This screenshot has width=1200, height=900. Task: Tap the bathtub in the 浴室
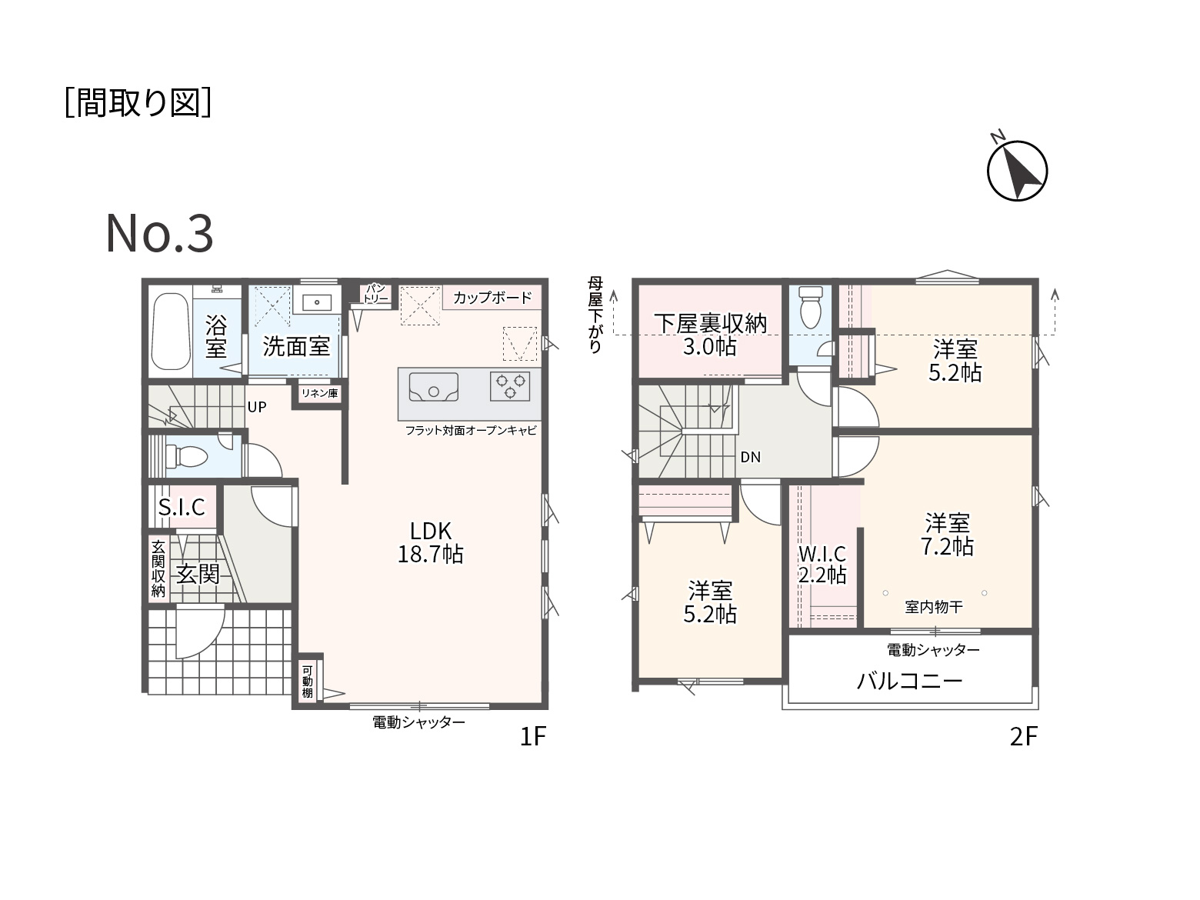pos(171,331)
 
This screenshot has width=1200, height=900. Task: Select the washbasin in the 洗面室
pos(316,302)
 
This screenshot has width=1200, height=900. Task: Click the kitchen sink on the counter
pos(434,388)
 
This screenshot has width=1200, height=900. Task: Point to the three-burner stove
pos(510,386)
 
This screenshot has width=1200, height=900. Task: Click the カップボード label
pos(492,298)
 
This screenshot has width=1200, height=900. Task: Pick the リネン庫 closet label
pos(320,393)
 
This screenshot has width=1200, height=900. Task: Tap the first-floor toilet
pos(186,455)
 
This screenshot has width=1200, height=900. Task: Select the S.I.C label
pos(182,507)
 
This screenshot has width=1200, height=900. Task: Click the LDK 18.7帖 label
pos(430,542)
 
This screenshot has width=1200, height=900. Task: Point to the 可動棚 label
pos(307,682)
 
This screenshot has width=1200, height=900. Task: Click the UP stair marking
pos(256,407)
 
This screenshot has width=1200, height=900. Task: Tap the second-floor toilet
pos(810,307)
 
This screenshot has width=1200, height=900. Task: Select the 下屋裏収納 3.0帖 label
pos(710,335)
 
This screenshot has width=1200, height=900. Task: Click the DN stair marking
pos(750,457)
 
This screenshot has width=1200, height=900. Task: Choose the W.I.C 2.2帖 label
pos(822,565)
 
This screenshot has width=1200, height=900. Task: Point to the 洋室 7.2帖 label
pos(947,535)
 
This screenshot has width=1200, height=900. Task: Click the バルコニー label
pos(909,681)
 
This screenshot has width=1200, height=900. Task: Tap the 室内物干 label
pos(934,607)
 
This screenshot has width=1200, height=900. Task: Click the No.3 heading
pos(159,233)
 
